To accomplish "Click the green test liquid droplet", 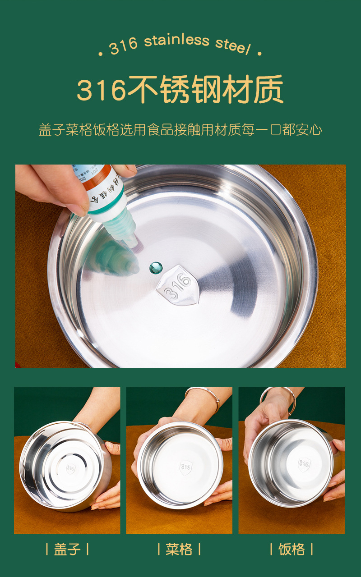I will [x=156, y=267].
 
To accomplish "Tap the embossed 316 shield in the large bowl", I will [x=177, y=285].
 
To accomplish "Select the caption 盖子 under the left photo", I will [x=67, y=549].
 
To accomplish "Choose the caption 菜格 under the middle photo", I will [x=179, y=549].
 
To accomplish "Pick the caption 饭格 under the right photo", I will [x=292, y=549].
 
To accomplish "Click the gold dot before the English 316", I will [x=101, y=54].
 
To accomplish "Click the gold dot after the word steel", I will [x=259, y=54].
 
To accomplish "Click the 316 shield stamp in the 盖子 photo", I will [x=70, y=468].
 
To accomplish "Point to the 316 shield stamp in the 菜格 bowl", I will [x=185, y=467].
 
